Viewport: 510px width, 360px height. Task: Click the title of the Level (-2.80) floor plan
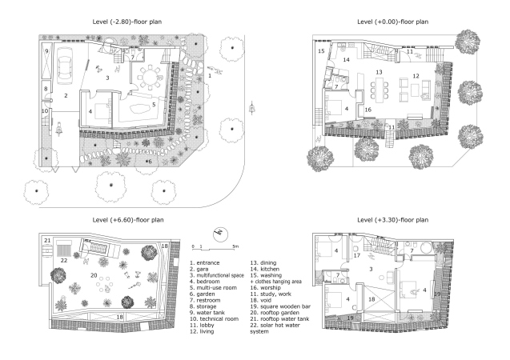point(127,22)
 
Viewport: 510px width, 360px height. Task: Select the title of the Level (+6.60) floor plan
point(128,220)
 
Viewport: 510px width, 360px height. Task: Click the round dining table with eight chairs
point(150,78)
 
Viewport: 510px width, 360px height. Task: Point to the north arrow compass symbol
point(220,234)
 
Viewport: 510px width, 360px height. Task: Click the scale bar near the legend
point(215,247)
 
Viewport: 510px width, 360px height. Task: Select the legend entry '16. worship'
point(266,287)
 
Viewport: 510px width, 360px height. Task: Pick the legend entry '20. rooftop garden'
point(275,313)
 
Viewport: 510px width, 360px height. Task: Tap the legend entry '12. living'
point(202,331)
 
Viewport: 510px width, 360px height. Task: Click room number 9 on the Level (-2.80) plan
point(46,51)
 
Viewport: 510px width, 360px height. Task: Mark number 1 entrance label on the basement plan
point(210,76)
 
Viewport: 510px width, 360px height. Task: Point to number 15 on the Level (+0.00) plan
point(321,51)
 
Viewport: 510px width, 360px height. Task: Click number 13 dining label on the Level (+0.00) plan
point(379,72)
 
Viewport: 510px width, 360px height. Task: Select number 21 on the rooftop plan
point(47,241)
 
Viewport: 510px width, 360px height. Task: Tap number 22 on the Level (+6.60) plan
point(64,260)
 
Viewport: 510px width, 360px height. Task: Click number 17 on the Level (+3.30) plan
point(357,255)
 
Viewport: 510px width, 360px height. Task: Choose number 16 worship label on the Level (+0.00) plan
point(367,110)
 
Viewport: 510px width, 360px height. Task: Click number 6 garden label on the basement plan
point(150,162)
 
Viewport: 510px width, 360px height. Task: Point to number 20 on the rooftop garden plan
point(94,275)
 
